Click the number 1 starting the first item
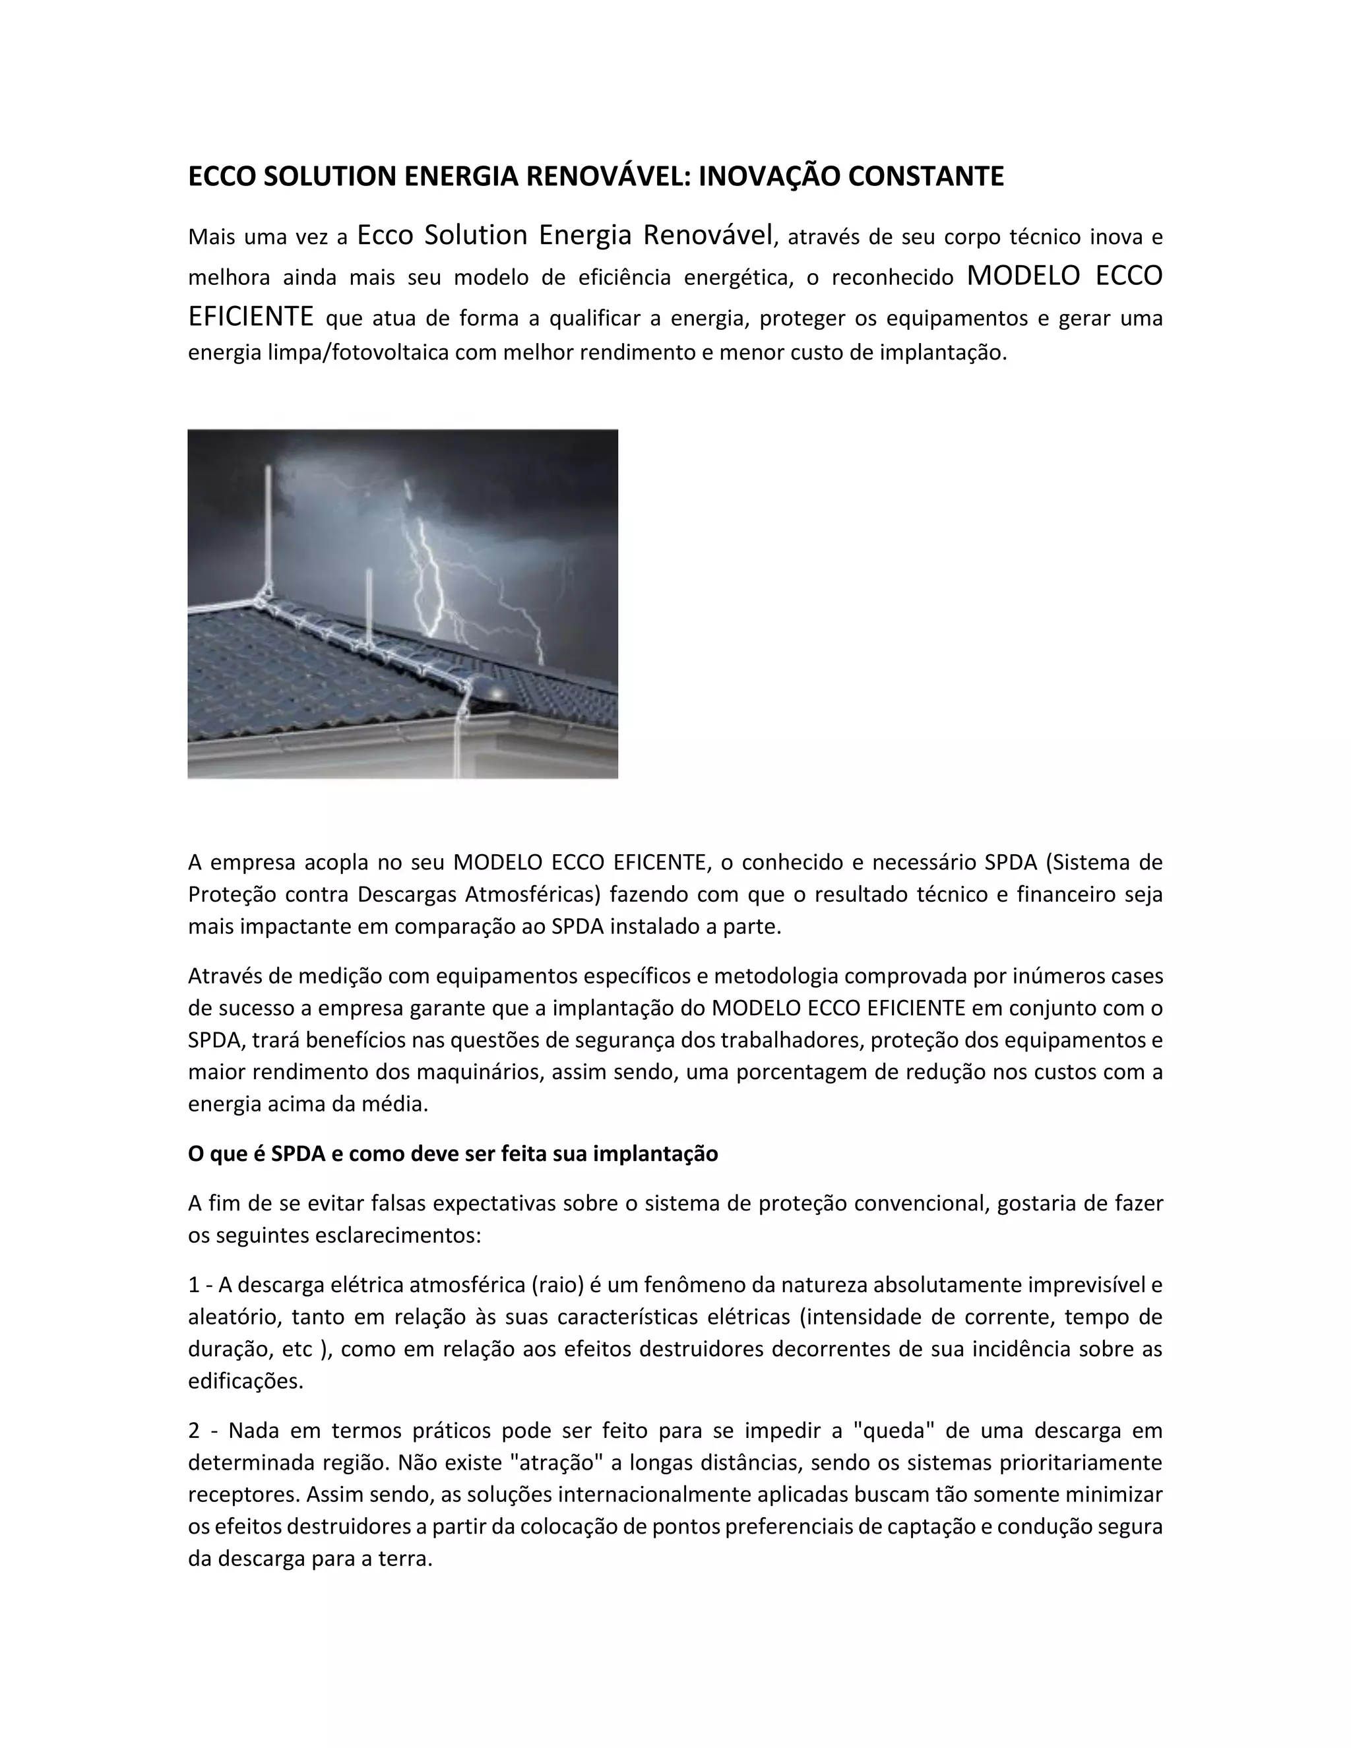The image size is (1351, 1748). tap(194, 1284)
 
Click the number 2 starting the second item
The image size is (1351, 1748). tap(195, 1430)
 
